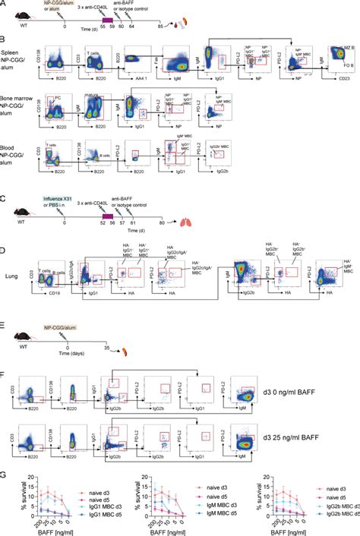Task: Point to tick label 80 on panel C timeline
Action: [x=162, y=225]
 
